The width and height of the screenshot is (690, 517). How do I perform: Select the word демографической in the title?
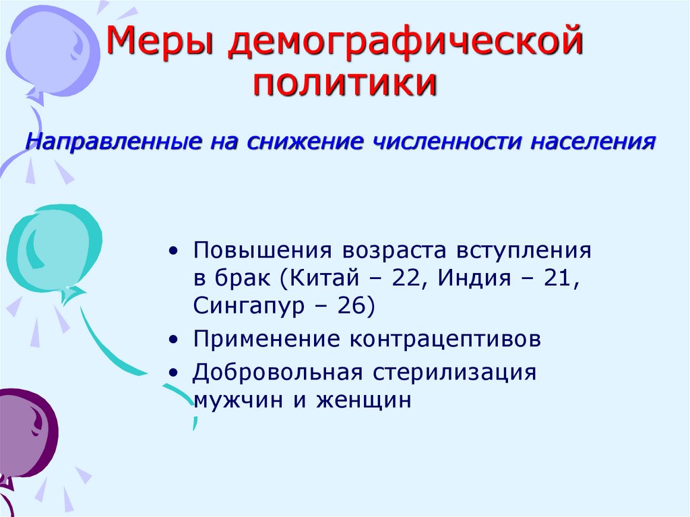click(x=404, y=45)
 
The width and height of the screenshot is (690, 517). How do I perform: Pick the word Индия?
click(x=476, y=278)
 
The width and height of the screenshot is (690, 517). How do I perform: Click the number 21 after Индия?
click(x=559, y=278)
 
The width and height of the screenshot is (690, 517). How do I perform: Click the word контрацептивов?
click(x=445, y=339)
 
